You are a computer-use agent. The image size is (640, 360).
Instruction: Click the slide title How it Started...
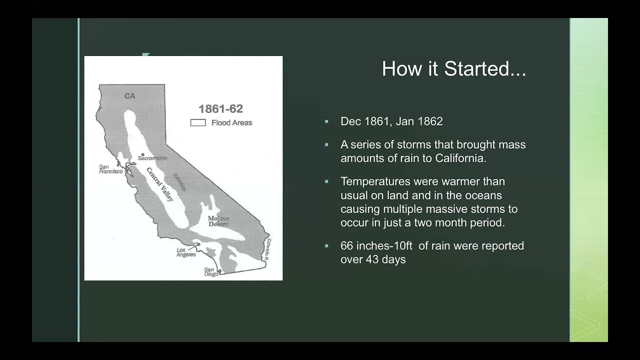pos(453,68)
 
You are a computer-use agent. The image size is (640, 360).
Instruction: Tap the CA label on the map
pos(129,96)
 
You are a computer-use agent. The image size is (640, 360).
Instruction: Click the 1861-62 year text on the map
pos(220,109)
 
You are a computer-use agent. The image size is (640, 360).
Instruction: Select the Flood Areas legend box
pos(198,122)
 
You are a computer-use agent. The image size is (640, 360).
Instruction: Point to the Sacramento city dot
pos(142,154)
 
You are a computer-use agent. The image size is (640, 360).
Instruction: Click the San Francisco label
pos(110,169)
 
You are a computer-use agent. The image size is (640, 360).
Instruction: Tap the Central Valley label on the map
pos(160,184)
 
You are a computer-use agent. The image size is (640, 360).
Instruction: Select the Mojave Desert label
pos(218,221)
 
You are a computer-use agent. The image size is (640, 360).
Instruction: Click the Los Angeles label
pos(186,252)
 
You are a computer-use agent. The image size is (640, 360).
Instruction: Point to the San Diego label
pos(211,272)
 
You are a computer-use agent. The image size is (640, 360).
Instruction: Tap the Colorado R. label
pos(268,248)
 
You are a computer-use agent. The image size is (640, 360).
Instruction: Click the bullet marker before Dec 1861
pos(326,121)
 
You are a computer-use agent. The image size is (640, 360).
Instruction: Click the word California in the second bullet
pos(460,158)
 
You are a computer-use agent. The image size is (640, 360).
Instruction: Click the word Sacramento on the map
pos(152,158)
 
